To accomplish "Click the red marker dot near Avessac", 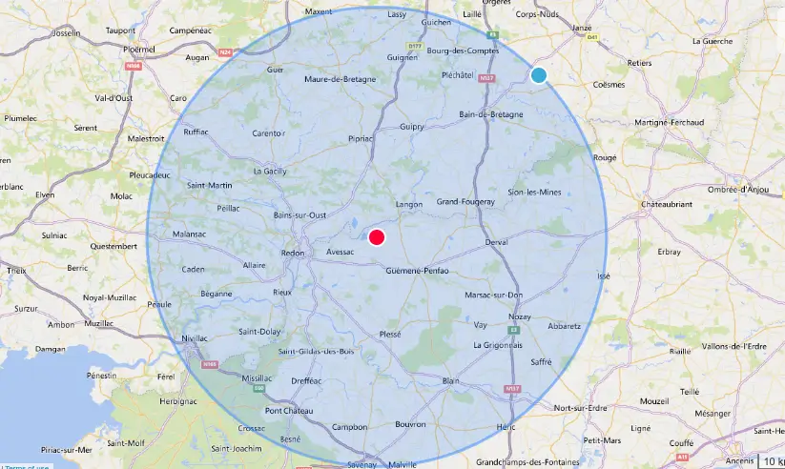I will [377, 237].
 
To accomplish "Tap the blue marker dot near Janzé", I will [539, 75].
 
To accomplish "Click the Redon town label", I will [292, 253].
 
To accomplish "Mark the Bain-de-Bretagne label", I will [492, 114].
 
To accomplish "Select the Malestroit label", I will [145, 138].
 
